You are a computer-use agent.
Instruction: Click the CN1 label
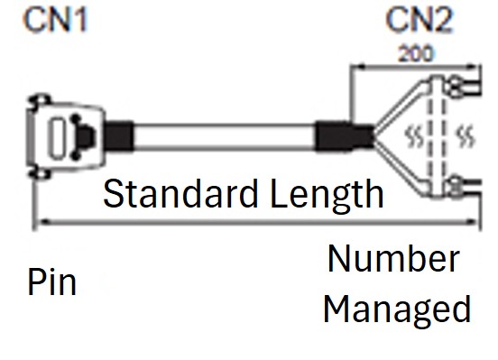(57, 19)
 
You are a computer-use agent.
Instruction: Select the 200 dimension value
(416, 51)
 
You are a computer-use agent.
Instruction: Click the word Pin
(51, 282)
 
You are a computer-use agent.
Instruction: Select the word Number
(393, 259)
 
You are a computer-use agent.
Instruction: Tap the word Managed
(397, 309)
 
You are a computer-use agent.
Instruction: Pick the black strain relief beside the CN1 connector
(118, 137)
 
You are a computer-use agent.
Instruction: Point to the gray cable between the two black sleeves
(226, 138)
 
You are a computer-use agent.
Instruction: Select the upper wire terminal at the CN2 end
(461, 87)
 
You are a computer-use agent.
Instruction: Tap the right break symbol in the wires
(465, 137)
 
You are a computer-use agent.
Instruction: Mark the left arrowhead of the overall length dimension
(38, 222)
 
